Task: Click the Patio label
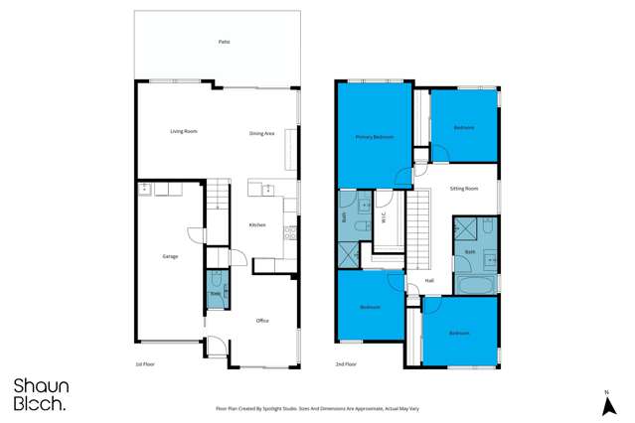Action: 224,43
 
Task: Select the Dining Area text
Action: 261,133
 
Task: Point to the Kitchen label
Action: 257,225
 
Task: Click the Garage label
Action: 170,257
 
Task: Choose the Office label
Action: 262,321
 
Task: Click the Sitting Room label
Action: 464,188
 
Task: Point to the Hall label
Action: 429,281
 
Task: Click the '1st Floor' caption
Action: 145,365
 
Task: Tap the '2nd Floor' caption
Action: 346,365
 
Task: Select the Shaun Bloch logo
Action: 40,394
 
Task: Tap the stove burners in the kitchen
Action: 289,235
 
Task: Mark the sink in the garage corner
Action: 144,188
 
